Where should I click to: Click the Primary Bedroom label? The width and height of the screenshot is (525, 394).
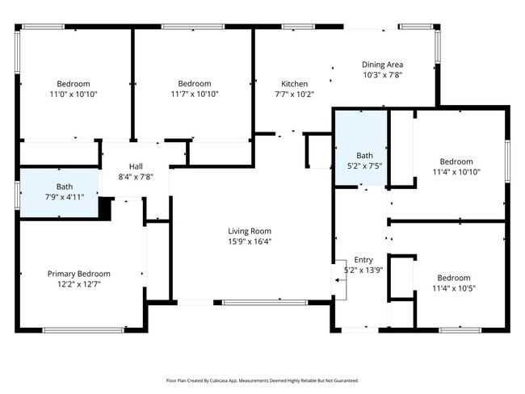click(x=78, y=274)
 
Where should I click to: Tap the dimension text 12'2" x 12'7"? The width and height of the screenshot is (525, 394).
click(x=78, y=284)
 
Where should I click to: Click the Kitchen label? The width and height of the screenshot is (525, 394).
click(x=294, y=84)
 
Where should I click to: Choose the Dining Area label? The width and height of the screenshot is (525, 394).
click(x=382, y=65)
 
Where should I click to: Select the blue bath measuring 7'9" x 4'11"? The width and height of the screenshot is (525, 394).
click(x=59, y=192)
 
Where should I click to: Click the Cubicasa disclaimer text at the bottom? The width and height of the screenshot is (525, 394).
click(x=262, y=380)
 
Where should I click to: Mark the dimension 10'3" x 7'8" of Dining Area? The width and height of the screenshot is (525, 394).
click(x=382, y=75)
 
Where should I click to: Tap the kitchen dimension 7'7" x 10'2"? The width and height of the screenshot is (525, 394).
click(x=294, y=94)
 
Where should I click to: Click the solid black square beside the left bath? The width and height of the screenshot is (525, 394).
click(x=105, y=207)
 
